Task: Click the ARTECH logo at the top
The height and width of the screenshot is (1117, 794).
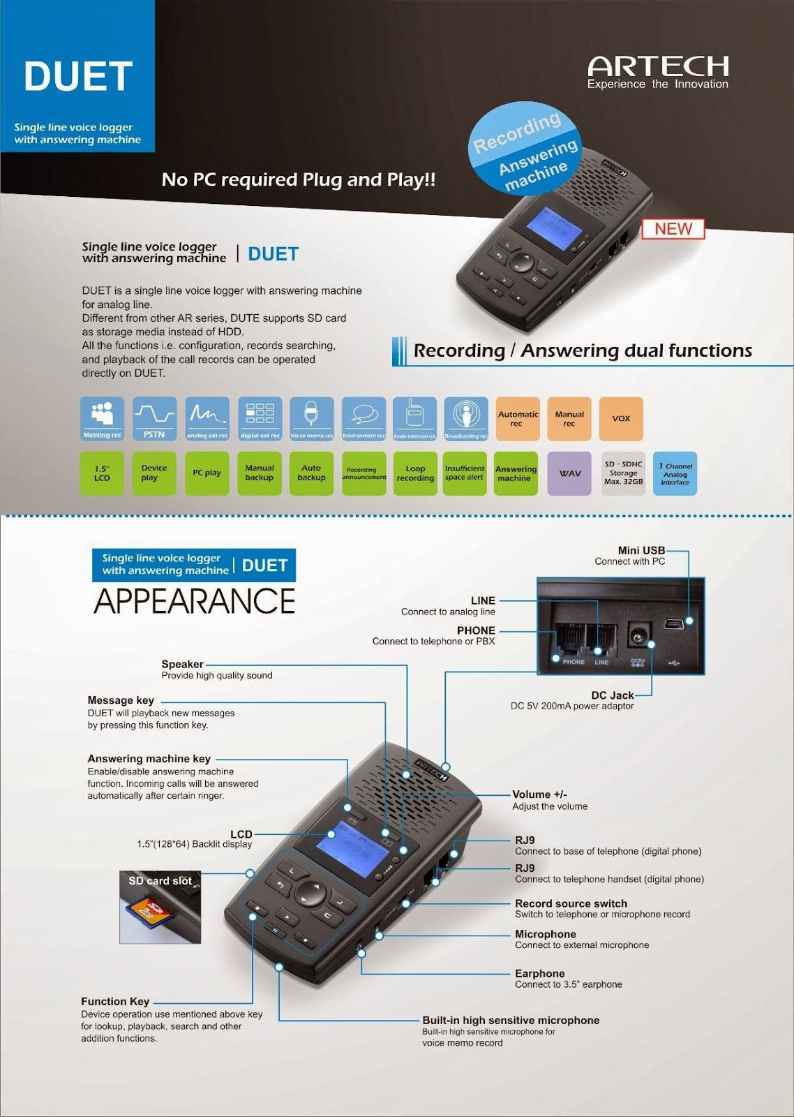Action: [658, 68]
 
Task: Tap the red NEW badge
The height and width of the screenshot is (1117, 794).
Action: [673, 229]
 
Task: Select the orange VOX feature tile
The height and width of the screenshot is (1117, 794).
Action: [621, 419]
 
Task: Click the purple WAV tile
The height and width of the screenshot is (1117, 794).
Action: [569, 473]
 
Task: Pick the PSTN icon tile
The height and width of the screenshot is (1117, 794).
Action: [154, 419]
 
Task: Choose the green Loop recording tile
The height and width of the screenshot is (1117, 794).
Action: [415, 473]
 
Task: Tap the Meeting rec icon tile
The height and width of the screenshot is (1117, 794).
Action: [102, 419]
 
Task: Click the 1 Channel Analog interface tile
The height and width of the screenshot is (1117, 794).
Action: [675, 473]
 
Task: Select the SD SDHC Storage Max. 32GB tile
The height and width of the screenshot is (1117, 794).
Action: [623, 473]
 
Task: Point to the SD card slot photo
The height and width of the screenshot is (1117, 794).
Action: [160, 908]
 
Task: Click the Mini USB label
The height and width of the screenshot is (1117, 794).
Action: [641, 550]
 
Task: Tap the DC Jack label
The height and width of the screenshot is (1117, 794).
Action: [612, 695]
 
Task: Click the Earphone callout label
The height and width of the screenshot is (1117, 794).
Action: [540, 973]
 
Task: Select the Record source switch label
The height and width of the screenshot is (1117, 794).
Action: [571, 903]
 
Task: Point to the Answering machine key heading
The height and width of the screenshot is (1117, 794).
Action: [149, 759]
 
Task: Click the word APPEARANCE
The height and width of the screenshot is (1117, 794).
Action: [195, 601]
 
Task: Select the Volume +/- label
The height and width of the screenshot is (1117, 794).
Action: [539, 794]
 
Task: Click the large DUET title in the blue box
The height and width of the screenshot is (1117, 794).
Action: [78, 77]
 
